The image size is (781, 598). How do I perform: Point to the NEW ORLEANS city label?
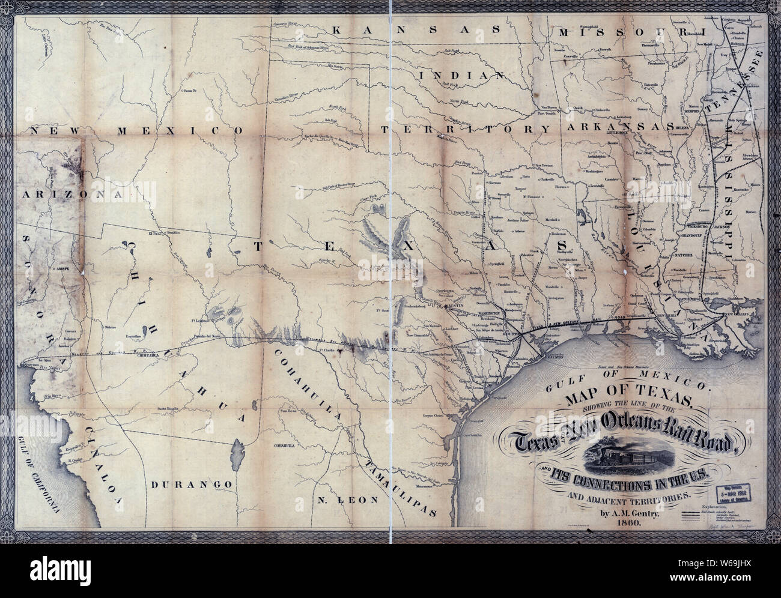(745, 315)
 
